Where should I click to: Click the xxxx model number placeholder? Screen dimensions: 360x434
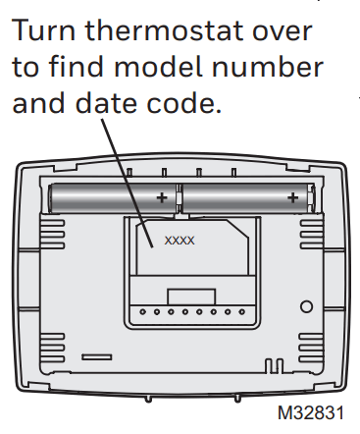(x=179, y=239)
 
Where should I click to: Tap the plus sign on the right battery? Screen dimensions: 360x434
(x=292, y=198)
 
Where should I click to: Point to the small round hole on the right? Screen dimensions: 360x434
(x=306, y=306)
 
